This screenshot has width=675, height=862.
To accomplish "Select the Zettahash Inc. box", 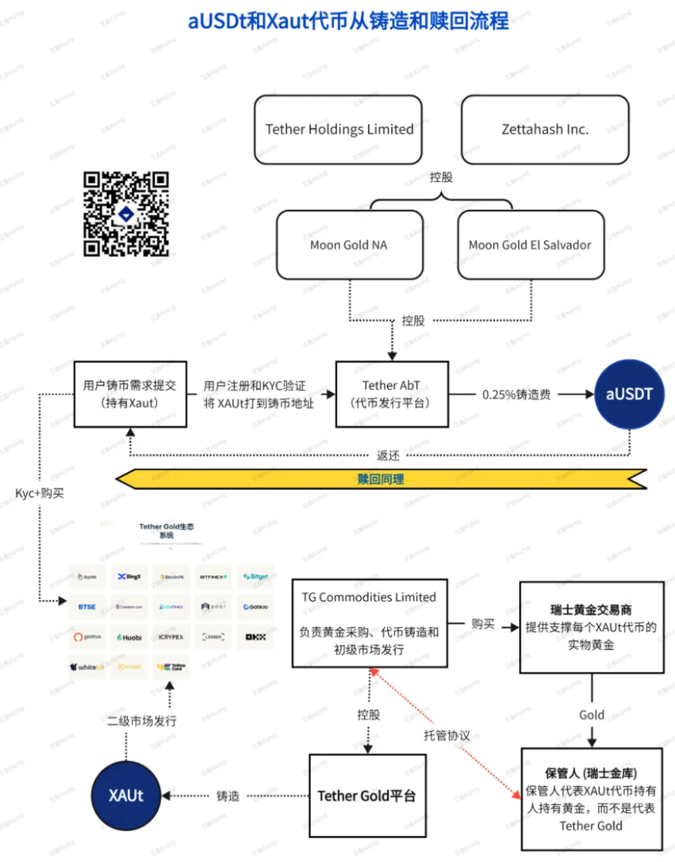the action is click(545, 130).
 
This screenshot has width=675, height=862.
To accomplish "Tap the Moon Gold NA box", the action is click(349, 245).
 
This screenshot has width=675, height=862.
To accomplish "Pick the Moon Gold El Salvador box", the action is click(531, 245).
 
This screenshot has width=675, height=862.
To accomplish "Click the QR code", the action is click(126, 214).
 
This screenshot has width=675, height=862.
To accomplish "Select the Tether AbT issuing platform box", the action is click(392, 394).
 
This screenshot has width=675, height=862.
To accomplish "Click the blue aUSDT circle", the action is click(629, 394).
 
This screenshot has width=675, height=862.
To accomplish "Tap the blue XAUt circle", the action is click(126, 795).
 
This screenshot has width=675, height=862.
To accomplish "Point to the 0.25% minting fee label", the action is click(516, 395).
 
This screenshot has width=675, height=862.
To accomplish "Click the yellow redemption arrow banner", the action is click(381, 479).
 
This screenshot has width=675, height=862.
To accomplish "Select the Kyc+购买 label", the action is click(39, 493).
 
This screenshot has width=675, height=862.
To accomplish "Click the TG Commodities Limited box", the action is click(370, 623).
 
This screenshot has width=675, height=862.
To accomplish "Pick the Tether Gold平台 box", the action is click(367, 796).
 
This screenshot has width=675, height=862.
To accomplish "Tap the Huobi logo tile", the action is click(129, 637).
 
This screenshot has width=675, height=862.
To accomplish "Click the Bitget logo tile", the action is click(256, 577).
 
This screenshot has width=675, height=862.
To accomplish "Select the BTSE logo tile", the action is click(87, 607).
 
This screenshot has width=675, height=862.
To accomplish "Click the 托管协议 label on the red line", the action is click(446, 735).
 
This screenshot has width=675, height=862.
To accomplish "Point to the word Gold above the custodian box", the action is click(591, 715).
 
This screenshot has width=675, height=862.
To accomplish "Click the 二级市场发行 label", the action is click(142, 721).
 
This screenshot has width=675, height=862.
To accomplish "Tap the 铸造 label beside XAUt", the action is click(227, 796).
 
